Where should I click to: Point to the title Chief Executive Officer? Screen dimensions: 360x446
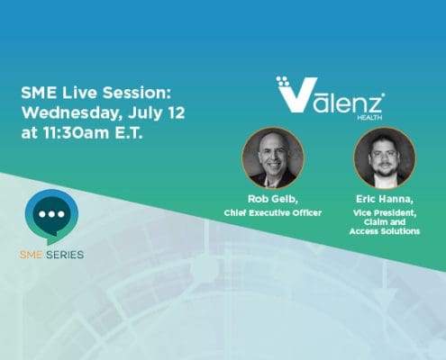(273, 212)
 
